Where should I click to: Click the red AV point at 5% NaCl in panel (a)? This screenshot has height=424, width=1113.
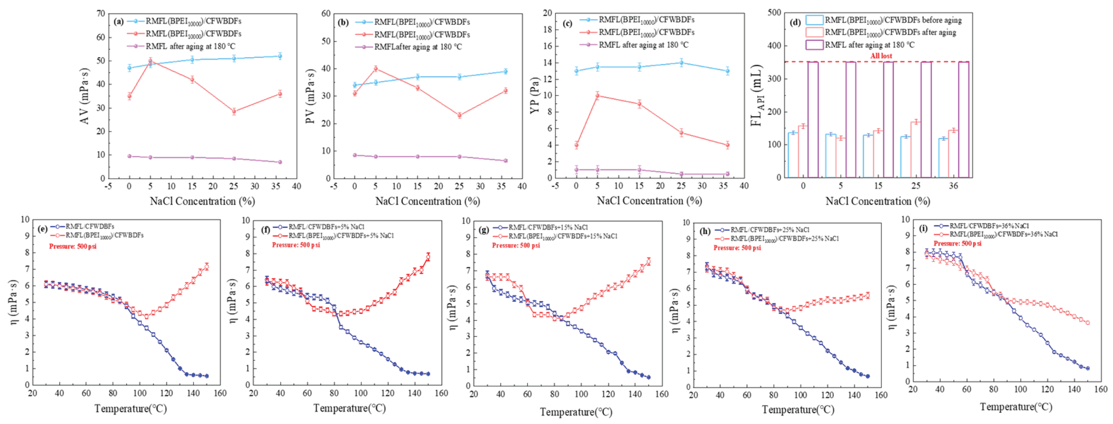150,61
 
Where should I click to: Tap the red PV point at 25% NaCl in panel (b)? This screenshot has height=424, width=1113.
459,115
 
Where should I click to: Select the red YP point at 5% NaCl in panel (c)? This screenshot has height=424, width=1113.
598,96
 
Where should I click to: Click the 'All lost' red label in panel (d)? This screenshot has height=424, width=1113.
880,56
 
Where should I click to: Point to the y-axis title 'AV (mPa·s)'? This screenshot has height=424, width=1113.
85,96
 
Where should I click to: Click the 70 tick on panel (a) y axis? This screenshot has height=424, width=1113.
101,14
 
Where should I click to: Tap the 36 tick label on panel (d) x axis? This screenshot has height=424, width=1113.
953,186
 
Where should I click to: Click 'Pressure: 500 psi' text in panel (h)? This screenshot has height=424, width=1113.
737,248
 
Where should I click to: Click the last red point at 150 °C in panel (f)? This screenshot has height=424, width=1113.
428,257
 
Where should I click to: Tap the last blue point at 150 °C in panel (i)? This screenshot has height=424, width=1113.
1087,368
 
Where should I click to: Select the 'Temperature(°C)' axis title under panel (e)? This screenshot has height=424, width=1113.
130,409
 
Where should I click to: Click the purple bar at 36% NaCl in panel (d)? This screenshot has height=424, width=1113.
963,120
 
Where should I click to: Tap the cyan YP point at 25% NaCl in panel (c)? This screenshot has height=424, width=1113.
681,63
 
